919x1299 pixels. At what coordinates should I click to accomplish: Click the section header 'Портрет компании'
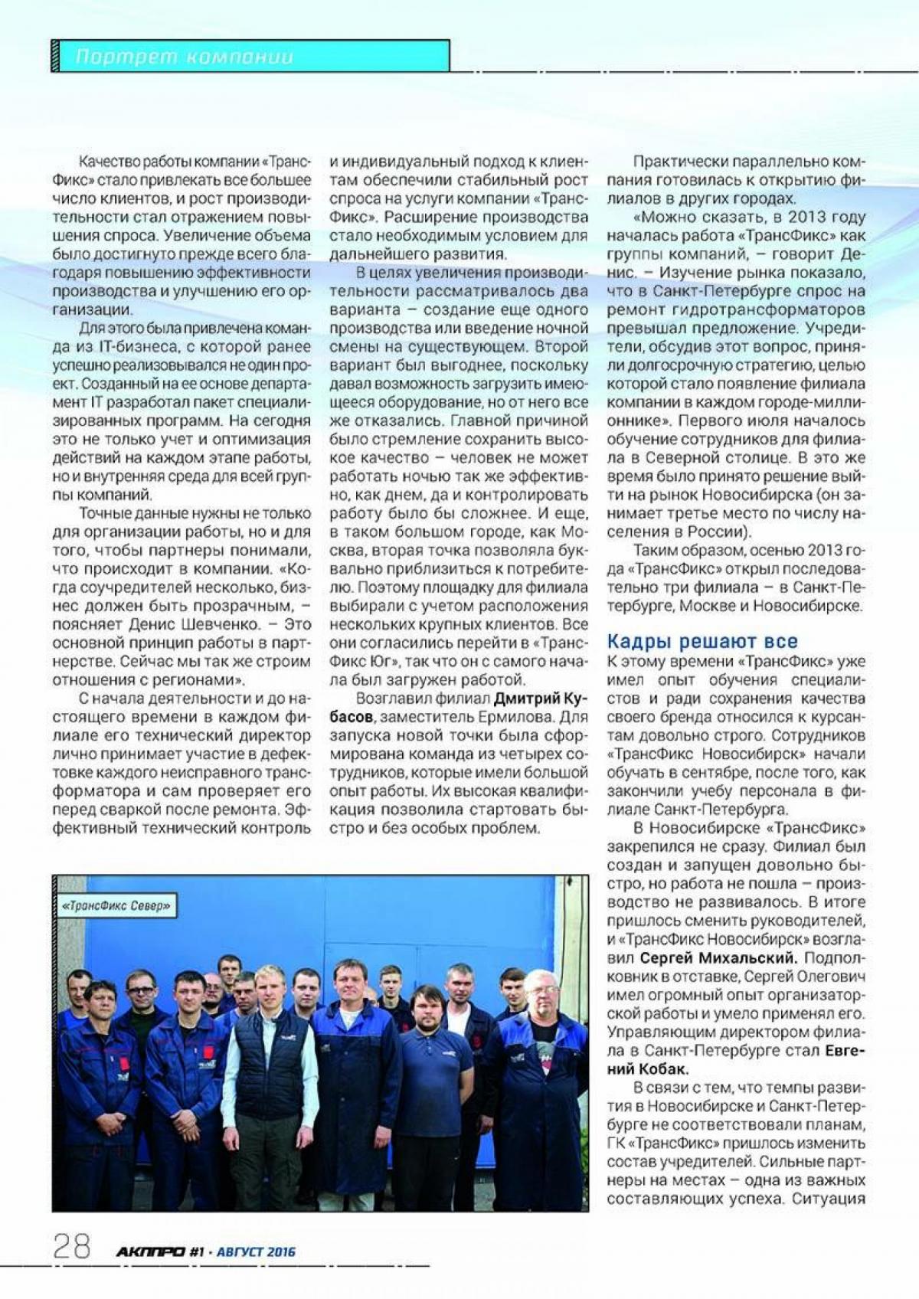[x=184, y=57]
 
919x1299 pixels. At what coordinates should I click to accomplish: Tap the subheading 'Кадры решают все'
[x=702, y=641]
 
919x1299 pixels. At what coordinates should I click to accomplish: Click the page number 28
[x=71, y=1246]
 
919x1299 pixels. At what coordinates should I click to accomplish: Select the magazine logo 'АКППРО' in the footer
[x=151, y=1252]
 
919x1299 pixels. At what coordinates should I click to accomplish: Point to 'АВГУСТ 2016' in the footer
[x=256, y=1252]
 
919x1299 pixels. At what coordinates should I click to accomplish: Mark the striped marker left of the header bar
[x=55, y=56]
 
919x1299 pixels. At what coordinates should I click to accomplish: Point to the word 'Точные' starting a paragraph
[x=106, y=513]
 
